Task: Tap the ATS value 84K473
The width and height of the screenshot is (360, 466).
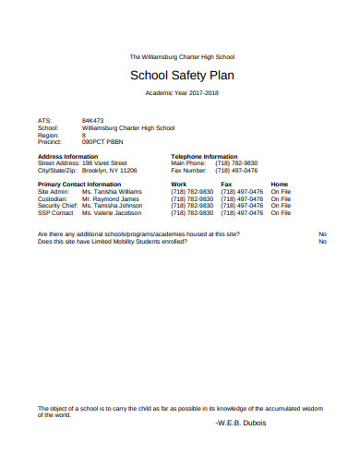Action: (93, 121)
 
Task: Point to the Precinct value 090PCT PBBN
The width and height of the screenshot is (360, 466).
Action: (103, 143)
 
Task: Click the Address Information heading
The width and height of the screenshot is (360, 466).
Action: (71, 157)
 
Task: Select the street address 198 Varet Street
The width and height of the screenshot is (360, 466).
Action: (111, 163)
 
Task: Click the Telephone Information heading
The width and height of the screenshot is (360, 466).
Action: (205, 157)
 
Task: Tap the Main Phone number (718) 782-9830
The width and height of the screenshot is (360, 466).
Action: (237, 163)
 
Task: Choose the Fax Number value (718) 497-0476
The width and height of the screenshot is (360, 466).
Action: (237, 171)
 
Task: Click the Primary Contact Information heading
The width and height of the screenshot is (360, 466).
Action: (79, 185)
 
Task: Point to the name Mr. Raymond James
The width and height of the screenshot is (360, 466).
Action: (111, 198)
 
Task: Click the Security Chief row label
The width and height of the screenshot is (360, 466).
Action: (57, 206)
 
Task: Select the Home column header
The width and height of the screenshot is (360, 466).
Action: (280, 185)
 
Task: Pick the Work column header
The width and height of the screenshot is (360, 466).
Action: (179, 185)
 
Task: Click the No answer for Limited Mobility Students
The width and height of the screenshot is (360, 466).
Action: (322, 242)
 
